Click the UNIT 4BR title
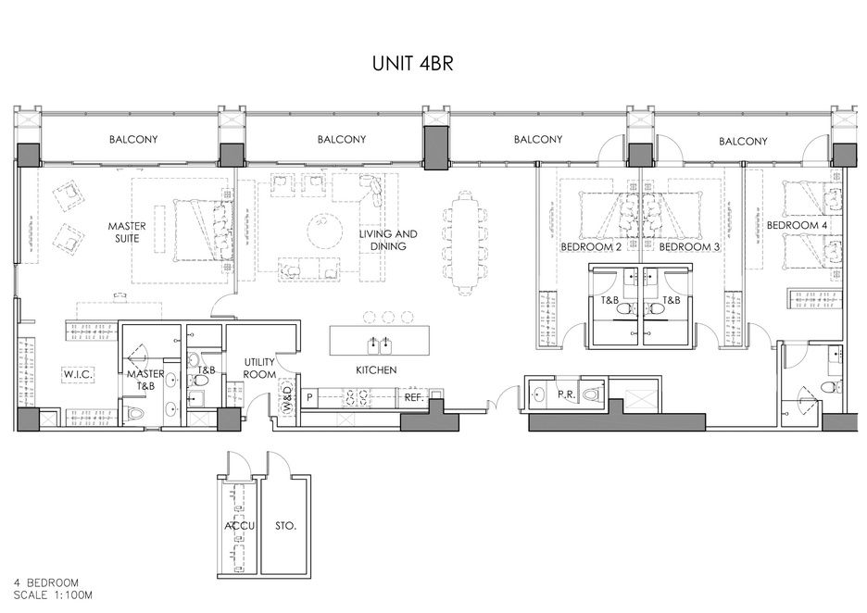(412, 64)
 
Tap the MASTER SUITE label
(127, 232)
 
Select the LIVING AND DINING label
(388, 240)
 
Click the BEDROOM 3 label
(689, 246)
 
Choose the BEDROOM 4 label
(797, 226)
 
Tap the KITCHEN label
(376, 369)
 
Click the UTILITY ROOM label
(259, 369)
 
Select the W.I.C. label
(78, 375)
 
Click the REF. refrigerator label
(414, 397)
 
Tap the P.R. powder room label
(565, 394)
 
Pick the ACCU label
(239, 526)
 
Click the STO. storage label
(285, 526)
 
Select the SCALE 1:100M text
(53, 595)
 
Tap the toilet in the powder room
(592, 394)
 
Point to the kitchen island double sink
(381, 344)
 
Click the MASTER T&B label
(145, 381)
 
